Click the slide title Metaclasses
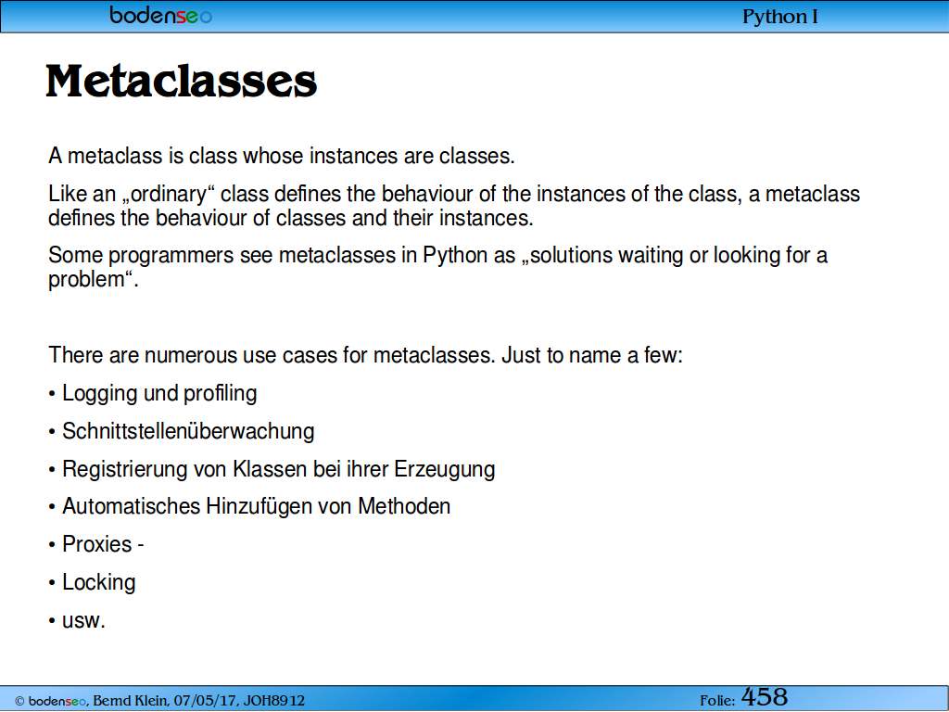[181, 82]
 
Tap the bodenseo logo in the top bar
[161, 15]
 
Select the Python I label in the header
[779, 17]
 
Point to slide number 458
[765, 697]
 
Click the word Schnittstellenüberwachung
[188, 432]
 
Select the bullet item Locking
[98, 582]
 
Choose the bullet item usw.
[83, 621]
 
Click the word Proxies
[96, 544]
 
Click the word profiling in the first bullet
[221, 394]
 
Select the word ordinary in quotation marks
[169, 195]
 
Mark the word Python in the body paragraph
[455, 256]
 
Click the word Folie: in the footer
[717, 701]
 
